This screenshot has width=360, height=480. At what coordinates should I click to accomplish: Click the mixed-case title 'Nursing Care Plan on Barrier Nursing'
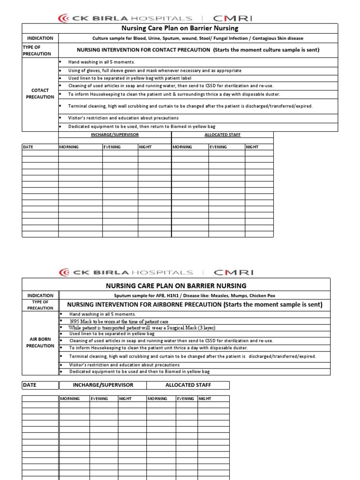click(180, 29)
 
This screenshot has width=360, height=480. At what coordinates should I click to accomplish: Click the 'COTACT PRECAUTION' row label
click(40, 93)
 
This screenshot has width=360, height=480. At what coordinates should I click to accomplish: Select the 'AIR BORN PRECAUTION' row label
click(40, 342)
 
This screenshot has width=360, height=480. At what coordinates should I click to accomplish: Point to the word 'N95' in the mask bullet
click(75, 322)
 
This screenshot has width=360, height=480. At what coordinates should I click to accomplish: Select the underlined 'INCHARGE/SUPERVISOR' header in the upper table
click(114, 135)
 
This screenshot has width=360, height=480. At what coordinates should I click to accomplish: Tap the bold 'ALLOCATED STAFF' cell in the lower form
click(188, 385)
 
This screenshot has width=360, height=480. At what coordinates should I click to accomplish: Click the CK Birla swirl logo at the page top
click(64, 18)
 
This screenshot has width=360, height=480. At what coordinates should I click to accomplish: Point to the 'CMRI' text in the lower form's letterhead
click(233, 272)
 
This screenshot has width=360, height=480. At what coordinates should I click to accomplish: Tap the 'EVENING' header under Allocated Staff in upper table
click(218, 147)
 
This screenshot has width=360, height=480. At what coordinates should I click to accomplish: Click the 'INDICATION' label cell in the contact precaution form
click(40, 38)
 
